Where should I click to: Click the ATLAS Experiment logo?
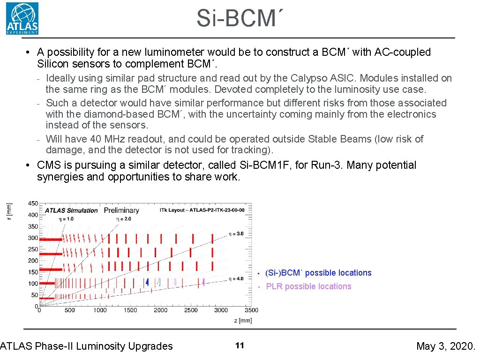(22, 18)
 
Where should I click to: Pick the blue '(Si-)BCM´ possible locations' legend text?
(318, 273)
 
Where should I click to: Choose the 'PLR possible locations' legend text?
(308, 286)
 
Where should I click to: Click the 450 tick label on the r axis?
(33, 203)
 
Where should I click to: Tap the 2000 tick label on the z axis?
(161, 310)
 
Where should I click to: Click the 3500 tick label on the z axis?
(251, 310)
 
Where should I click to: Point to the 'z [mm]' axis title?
(243, 321)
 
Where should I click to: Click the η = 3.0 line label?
(236, 233)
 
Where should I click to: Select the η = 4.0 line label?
(236, 278)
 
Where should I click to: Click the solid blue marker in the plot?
(148, 282)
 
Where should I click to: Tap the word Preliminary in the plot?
(121, 210)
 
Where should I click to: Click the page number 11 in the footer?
(240, 346)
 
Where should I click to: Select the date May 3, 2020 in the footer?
(445, 346)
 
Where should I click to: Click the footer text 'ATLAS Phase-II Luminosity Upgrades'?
(87, 346)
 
